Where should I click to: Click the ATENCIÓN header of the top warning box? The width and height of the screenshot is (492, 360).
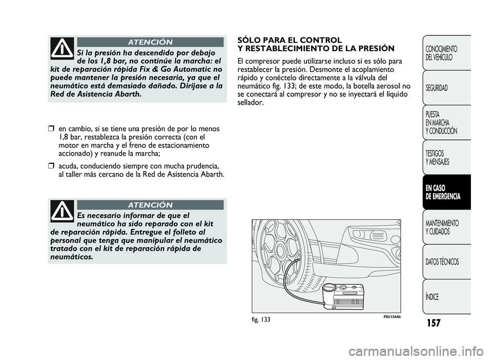point(151,42)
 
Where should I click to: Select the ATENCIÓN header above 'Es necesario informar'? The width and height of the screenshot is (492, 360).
point(151,205)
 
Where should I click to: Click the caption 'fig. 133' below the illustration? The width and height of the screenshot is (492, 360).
point(262,319)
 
